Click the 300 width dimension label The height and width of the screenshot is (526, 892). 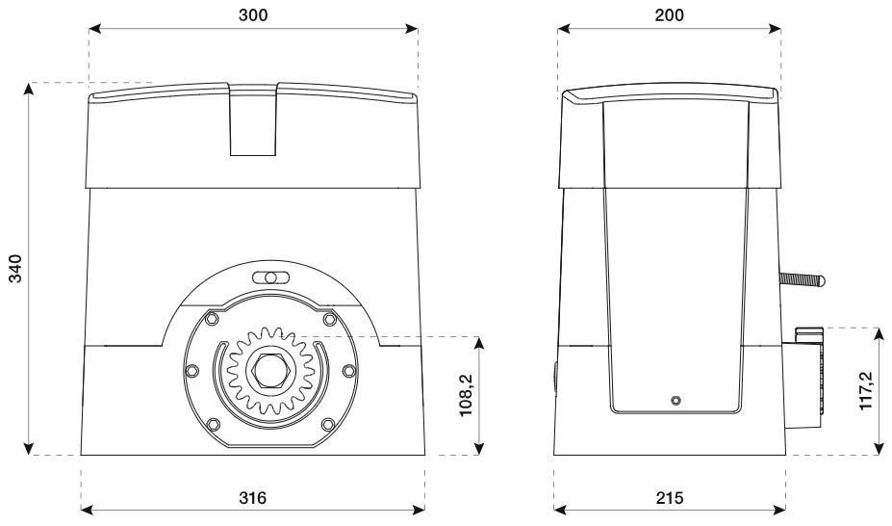(252, 14)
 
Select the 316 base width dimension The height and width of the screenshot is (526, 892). (252, 498)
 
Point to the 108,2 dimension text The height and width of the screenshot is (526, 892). (467, 396)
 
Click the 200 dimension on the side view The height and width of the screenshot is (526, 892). (669, 14)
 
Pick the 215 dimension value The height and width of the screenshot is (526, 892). (670, 498)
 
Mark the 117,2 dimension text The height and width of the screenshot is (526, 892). (865, 390)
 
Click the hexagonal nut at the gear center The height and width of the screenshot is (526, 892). (270, 371)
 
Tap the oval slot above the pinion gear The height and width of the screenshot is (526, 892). (270, 277)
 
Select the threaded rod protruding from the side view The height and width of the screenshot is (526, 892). (802, 279)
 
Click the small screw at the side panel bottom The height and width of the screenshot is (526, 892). (675, 400)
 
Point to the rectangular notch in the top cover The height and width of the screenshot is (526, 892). (253, 119)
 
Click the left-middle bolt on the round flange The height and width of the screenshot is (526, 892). (192, 371)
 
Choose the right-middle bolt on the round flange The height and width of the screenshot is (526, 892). (348, 371)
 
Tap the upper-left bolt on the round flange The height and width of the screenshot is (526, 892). (213, 318)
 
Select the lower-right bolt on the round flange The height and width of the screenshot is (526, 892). (328, 424)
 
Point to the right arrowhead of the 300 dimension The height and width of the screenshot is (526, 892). (412, 29)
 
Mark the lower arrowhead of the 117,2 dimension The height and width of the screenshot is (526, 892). (879, 449)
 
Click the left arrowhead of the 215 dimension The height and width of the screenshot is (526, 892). (560, 508)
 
